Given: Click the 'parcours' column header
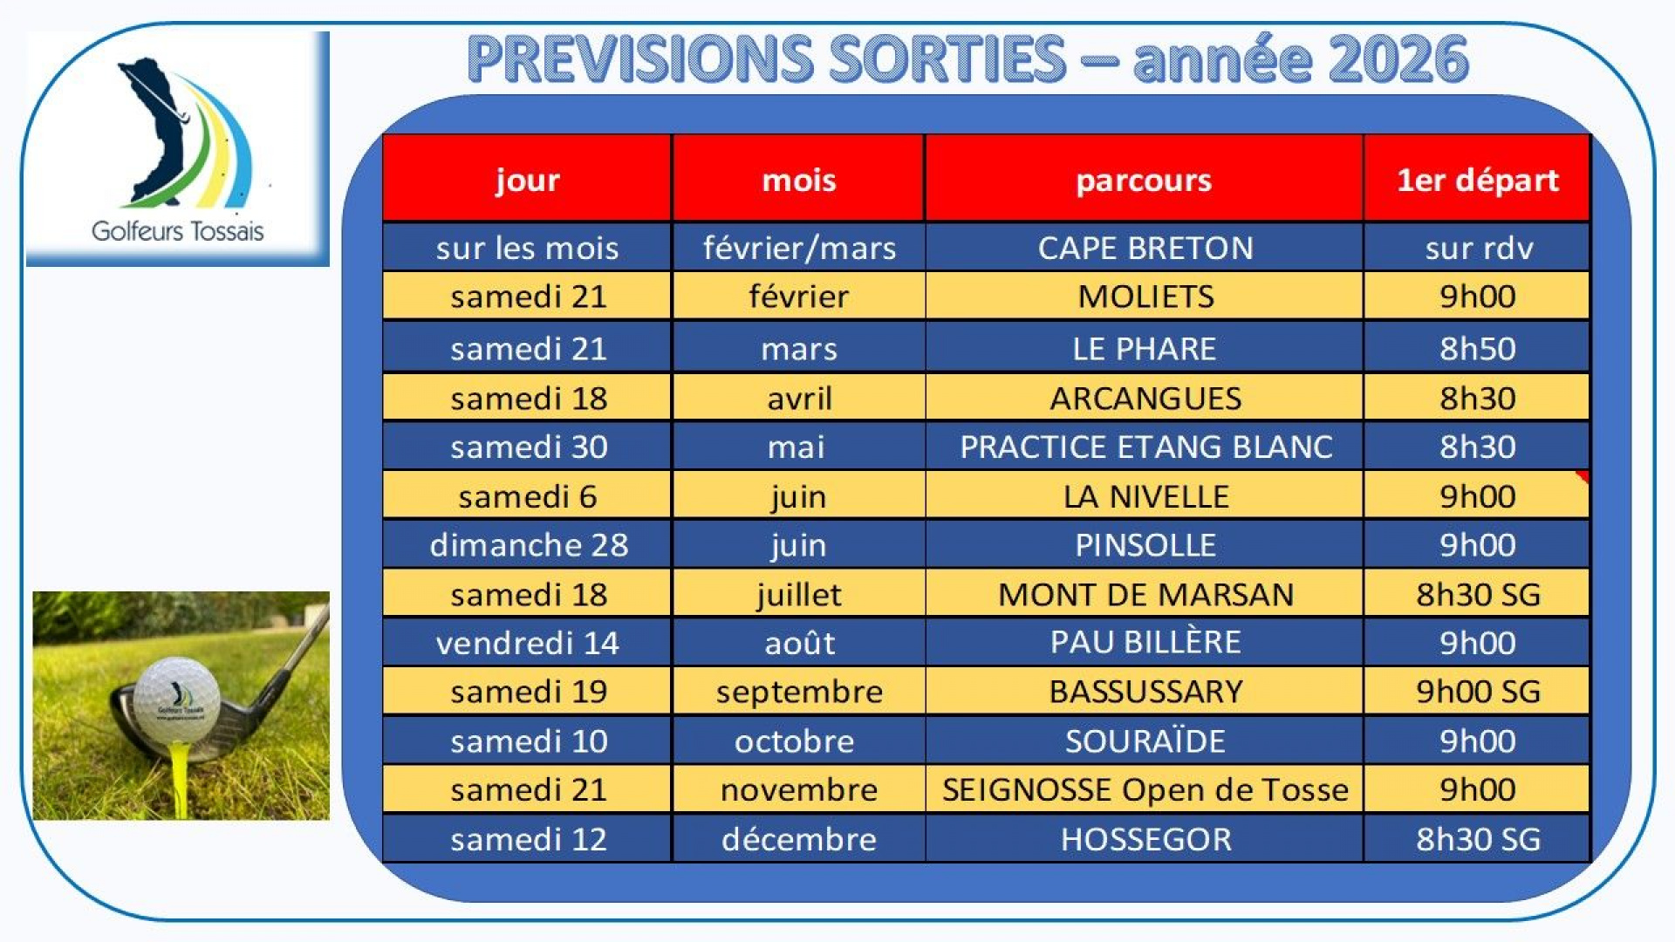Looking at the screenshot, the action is (x=1144, y=180).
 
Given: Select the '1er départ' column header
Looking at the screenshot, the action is (x=1477, y=180).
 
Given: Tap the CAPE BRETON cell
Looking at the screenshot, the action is (x=1145, y=248).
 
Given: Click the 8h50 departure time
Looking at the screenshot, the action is (x=1477, y=348).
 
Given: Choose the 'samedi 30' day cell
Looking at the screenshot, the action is (x=529, y=447).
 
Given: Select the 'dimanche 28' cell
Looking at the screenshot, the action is (x=529, y=545).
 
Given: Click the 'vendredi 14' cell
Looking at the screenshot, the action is (x=528, y=643).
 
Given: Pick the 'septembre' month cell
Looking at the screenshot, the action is (x=799, y=693).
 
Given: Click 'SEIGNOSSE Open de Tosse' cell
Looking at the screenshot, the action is (x=1145, y=789).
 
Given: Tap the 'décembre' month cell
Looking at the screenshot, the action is (x=799, y=839).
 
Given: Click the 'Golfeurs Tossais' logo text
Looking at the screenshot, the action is (x=178, y=231).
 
